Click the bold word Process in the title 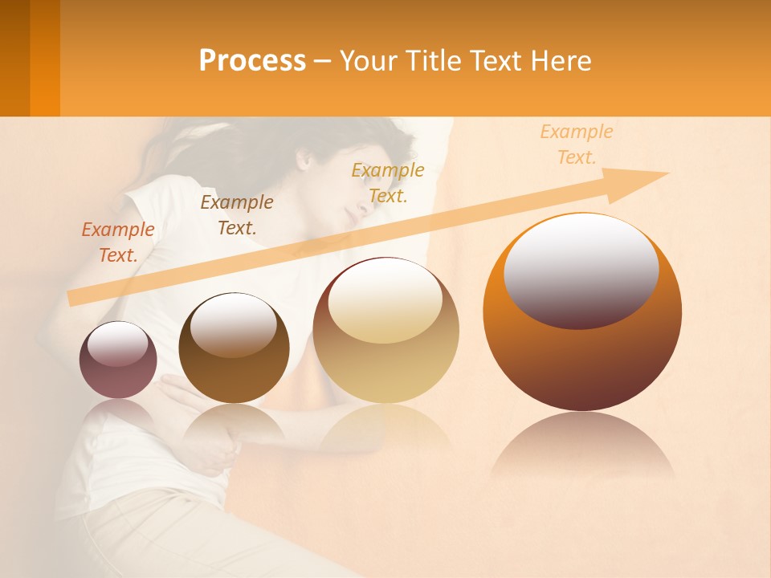[252, 61]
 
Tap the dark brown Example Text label [237, 215]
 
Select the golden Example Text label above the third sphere [388, 183]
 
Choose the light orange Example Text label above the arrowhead [577, 144]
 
